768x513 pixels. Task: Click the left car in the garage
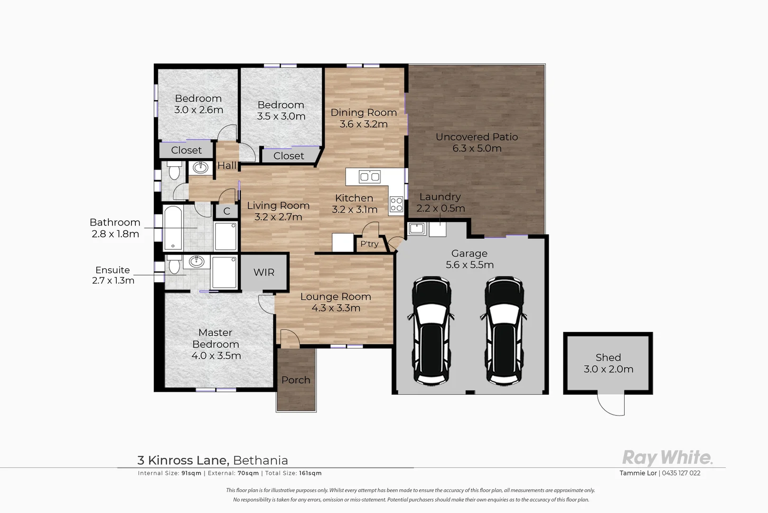(x=431, y=330)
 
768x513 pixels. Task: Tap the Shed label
(x=608, y=358)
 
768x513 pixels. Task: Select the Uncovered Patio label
(x=477, y=137)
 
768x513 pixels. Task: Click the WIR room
(x=264, y=273)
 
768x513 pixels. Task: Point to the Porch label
(x=296, y=380)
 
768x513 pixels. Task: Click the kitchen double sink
(x=370, y=177)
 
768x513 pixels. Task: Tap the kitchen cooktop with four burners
(x=396, y=205)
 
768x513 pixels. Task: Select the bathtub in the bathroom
(x=173, y=228)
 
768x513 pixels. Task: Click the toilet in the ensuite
(x=174, y=264)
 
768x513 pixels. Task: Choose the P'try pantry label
(x=369, y=244)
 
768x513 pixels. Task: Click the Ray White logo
(x=667, y=458)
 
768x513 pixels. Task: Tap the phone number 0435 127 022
(x=681, y=473)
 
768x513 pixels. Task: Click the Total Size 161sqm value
(x=310, y=473)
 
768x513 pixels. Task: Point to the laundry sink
(x=416, y=228)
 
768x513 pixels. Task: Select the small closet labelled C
(x=227, y=211)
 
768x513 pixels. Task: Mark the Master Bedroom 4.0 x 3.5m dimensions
(x=216, y=356)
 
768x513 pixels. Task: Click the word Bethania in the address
(x=261, y=460)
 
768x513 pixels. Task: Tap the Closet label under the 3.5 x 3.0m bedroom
(x=289, y=156)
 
